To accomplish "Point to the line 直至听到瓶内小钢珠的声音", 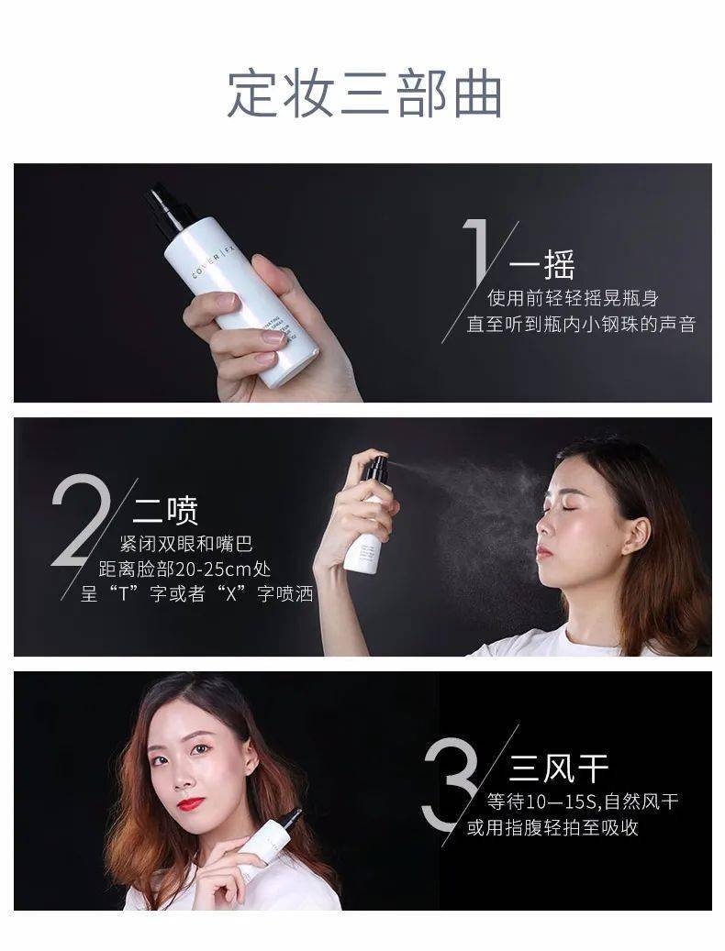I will pyautogui.click(x=580, y=325).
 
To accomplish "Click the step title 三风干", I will pyautogui.click(x=559, y=768).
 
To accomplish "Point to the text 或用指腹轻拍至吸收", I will pyautogui.click(x=552, y=828).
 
